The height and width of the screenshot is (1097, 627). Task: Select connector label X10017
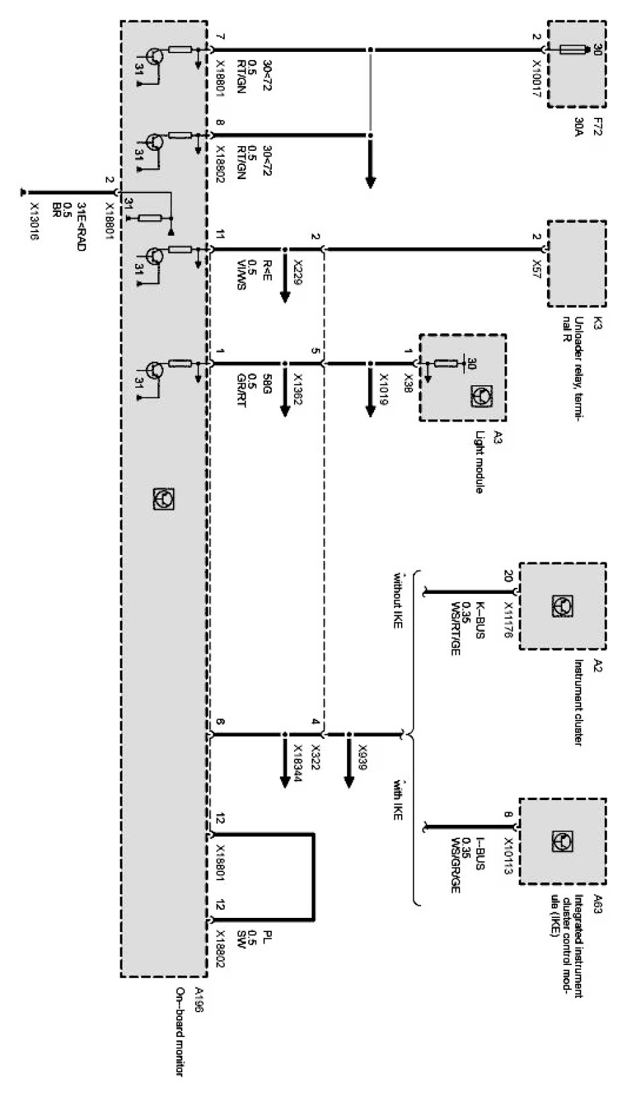pos(538,79)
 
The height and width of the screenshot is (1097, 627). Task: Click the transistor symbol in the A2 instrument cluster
pos(562,605)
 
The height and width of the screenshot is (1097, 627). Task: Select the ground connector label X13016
pos(34,221)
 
